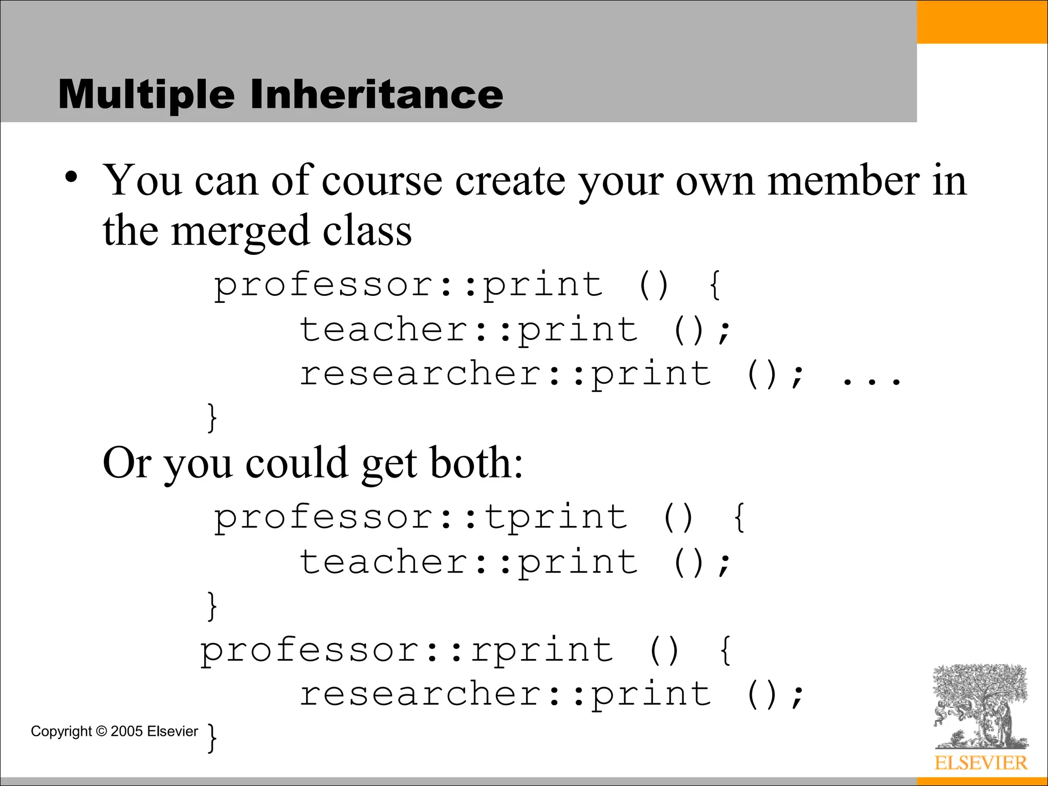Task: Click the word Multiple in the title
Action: click(x=146, y=95)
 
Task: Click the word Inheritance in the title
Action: click(x=377, y=95)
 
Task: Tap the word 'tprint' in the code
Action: click(x=556, y=517)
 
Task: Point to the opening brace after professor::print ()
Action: click(x=715, y=285)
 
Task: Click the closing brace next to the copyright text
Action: click(x=212, y=737)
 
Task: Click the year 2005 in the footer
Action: click(x=126, y=731)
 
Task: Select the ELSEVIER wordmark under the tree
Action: click(x=980, y=763)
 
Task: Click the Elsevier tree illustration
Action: click(x=979, y=706)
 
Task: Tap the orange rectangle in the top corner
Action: click(x=982, y=21)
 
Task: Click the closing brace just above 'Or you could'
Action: click(x=212, y=418)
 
